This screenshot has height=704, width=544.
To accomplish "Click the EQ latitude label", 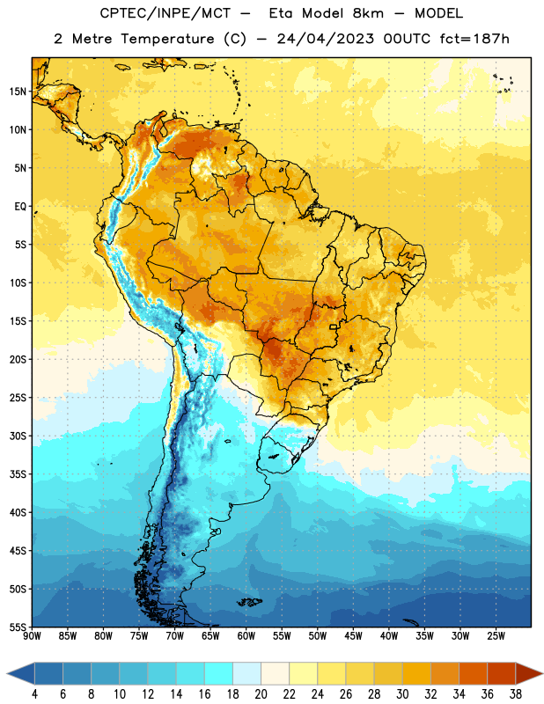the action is click(20, 207).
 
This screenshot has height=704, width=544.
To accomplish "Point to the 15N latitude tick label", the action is click(18, 92).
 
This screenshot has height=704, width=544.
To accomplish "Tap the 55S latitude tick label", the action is click(18, 627).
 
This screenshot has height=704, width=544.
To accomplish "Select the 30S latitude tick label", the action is click(18, 436).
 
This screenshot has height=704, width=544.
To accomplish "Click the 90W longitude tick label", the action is click(32, 636).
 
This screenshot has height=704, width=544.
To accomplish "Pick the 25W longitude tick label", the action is click(496, 636).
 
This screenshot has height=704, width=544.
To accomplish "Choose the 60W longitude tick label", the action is click(246, 636).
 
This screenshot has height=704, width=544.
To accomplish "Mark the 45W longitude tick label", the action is click(353, 636).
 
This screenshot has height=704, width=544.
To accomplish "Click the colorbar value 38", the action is click(516, 694).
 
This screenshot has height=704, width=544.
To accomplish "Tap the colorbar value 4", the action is click(34, 694).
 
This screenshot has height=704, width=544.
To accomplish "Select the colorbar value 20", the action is click(261, 694).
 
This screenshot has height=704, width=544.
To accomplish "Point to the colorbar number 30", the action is click(402, 694).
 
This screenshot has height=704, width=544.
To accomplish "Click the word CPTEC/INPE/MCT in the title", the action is click(165, 13).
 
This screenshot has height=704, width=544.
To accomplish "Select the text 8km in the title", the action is click(368, 13).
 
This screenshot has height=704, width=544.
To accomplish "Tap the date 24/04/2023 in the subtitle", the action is click(325, 39).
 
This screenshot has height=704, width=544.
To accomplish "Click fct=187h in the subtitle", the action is click(474, 39).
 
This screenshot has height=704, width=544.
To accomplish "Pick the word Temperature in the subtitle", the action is click(167, 40).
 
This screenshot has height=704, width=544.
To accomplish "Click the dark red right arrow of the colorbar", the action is click(528, 673).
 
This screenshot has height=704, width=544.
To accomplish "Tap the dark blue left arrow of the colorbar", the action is click(21, 673).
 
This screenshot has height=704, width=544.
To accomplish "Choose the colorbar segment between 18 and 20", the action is click(246, 673).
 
